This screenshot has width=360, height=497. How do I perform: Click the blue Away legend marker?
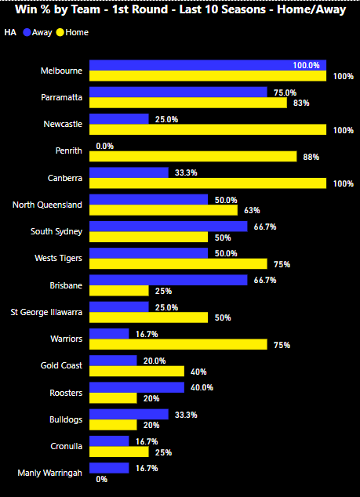click(27, 32)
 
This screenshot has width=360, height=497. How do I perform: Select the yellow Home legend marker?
click(60, 32)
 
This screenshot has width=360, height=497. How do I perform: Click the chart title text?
click(180, 9)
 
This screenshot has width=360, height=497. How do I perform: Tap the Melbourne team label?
click(61, 71)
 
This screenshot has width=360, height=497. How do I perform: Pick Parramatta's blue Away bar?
click(178, 92)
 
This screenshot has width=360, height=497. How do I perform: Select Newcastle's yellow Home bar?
click(208, 129)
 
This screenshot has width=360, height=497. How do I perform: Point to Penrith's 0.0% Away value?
click(104, 146)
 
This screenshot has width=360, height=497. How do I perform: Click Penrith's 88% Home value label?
click(311, 157)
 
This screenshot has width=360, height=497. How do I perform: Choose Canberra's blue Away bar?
click(129, 172)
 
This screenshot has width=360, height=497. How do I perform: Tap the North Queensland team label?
click(47, 205)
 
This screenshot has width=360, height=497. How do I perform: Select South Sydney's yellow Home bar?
click(148, 237)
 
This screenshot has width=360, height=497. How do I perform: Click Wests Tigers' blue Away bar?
click(148, 253)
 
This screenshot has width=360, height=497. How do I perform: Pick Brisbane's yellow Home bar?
click(119, 291)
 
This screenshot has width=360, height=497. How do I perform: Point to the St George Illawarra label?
click(46, 312)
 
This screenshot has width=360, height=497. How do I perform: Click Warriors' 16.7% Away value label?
click(147, 334)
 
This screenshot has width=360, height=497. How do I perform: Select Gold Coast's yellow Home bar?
click(136, 371)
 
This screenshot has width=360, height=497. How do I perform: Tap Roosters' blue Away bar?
click(136, 387)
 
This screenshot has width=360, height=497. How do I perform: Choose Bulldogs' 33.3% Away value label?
click(186, 415)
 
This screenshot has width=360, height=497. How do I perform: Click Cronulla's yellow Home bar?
click(119, 452)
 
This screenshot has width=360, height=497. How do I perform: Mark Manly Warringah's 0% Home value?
click(101, 479)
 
